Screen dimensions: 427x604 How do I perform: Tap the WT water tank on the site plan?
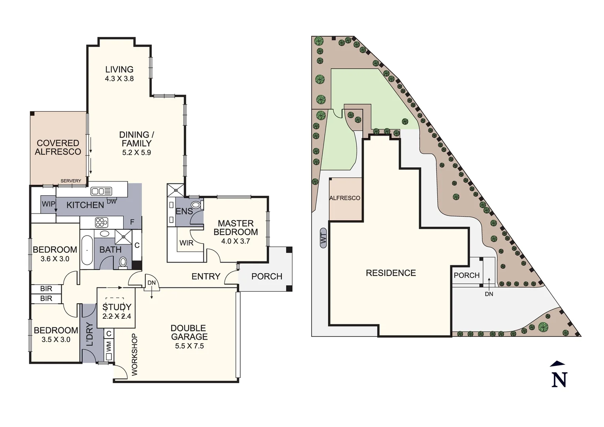(x=324, y=238)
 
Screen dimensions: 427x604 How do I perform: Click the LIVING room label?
(x=119, y=70)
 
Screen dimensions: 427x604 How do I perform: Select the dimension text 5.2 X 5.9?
(x=136, y=153)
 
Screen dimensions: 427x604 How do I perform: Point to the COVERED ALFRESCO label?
(x=58, y=147)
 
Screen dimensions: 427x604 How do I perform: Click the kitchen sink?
(x=102, y=191)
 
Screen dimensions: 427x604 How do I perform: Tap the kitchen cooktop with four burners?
(x=102, y=222)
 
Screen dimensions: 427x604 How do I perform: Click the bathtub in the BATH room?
(x=87, y=250)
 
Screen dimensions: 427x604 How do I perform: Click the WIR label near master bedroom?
(x=186, y=243)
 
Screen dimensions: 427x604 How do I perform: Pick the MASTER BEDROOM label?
(x=236, y=228)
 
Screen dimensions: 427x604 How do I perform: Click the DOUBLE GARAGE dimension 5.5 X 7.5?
(x=189, y=346)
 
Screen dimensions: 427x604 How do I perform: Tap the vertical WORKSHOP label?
(x=134, y=355)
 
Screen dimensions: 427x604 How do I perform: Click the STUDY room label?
(x=117, y=307)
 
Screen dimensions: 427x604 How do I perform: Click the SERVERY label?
(x=71, y=181)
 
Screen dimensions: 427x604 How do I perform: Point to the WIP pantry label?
(x=48, y=204)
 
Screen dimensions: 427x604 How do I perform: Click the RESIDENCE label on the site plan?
(x=391, y=273)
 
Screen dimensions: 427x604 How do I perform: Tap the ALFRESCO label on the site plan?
(x=345, y=198)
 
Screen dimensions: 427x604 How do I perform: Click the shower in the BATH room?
(x=124, y=237)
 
